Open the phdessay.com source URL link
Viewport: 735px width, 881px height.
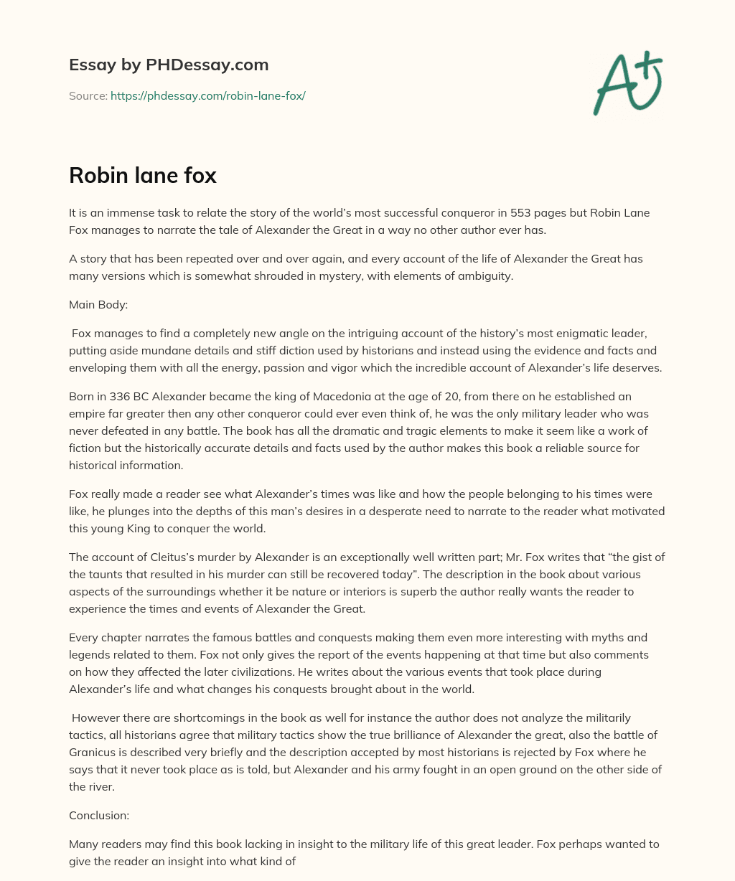(207, 95)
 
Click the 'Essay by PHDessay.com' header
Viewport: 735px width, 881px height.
(169, 65)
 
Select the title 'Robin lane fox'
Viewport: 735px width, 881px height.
(143, 175)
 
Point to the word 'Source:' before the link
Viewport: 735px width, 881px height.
(88, 95)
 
